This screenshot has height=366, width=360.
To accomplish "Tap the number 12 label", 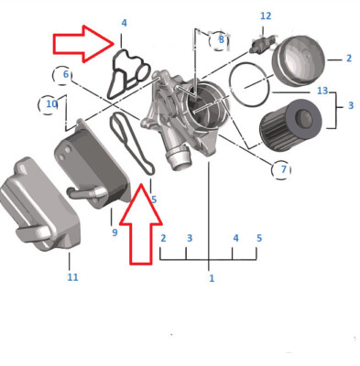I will [x=266, y=16].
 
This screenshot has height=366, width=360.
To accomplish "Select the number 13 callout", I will [x=322, y=91].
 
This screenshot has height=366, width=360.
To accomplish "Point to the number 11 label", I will [x=72, y=276].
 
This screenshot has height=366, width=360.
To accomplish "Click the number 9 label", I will [x=115, y=233].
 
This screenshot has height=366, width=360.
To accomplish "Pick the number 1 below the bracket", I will [x=212, y=277].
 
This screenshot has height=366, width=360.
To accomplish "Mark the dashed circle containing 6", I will [x=64, y=74].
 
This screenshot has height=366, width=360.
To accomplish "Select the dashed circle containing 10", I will [x=51, y=103].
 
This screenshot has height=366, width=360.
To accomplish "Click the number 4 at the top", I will [x=124, y=22].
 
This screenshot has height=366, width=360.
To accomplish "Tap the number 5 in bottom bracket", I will [x=259, y=239].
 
